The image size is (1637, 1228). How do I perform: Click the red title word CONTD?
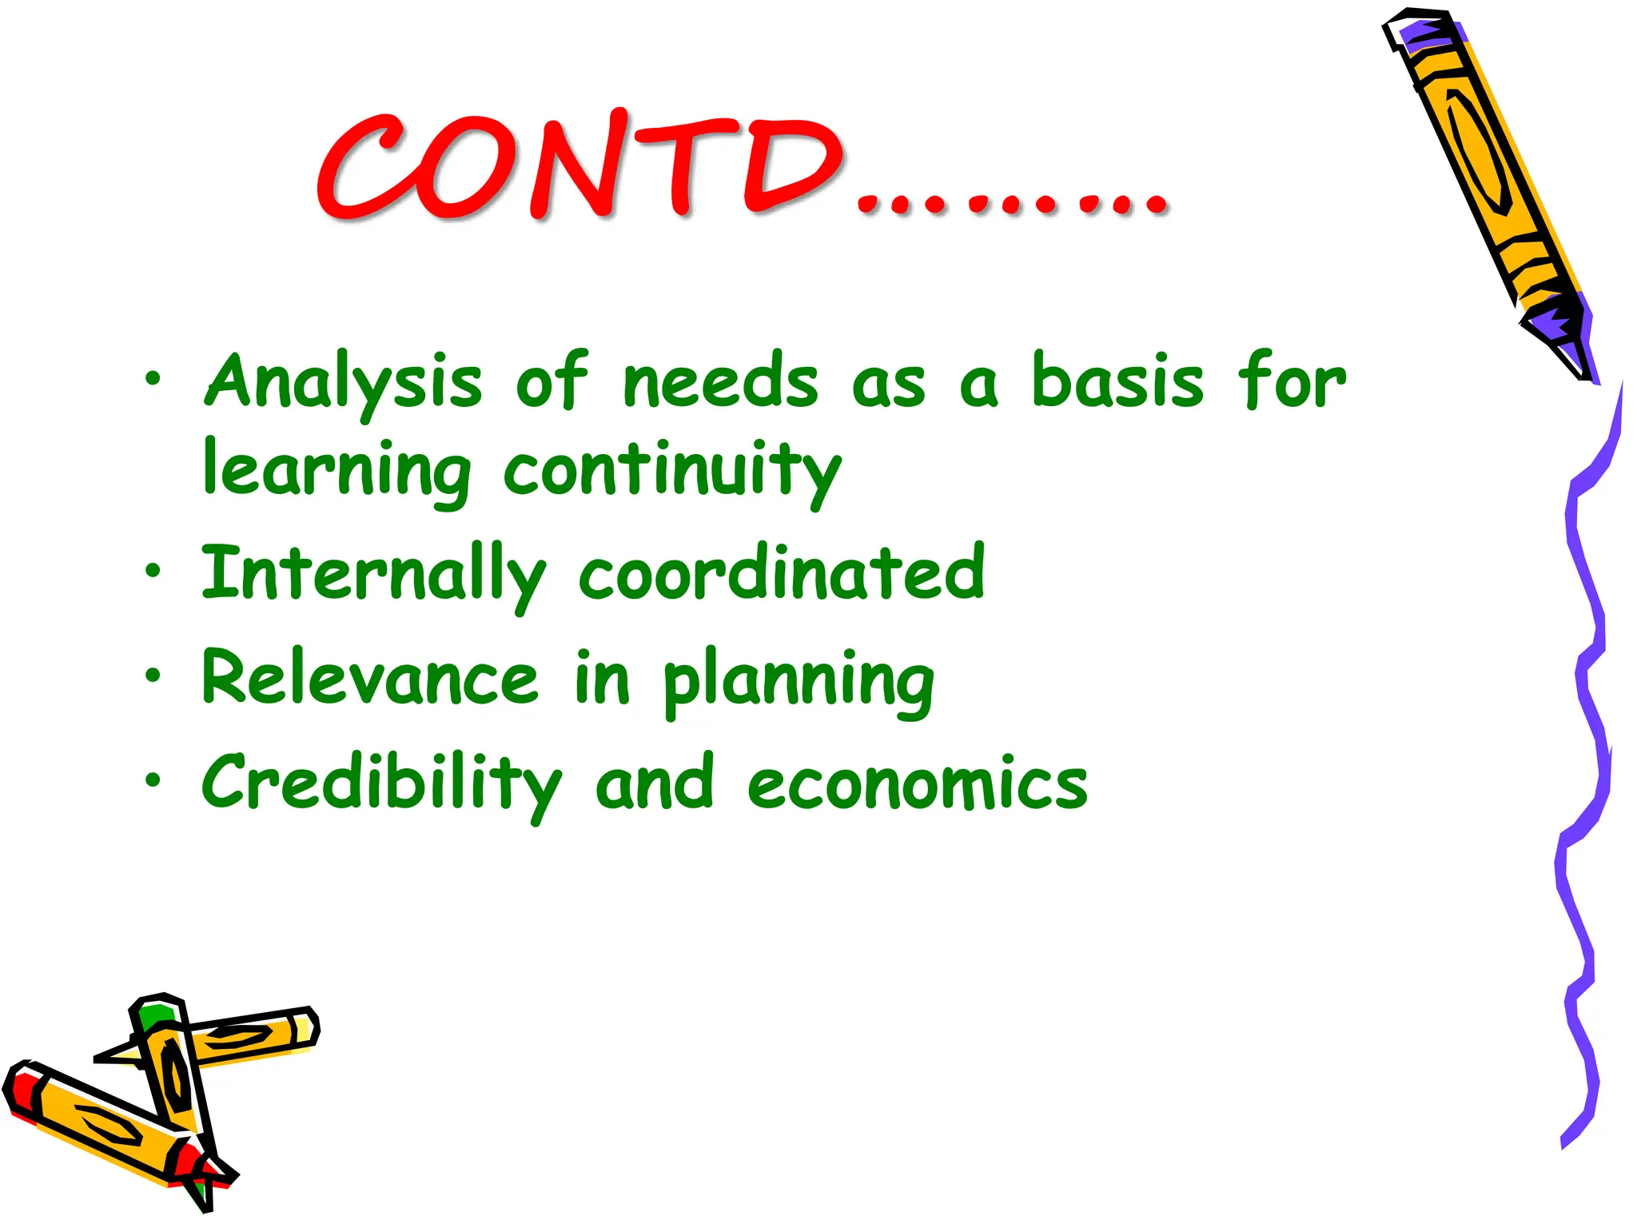click(580, 168)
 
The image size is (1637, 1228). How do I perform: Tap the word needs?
click(720, 382)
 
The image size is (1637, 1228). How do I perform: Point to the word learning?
click(337, 472)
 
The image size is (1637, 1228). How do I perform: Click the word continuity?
click(672, 472)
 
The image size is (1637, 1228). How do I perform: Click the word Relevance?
click(370, 678)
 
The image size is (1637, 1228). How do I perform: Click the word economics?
click(917, 783)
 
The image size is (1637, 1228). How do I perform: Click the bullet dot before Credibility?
click(153, 779)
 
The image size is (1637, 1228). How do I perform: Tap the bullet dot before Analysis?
click(153, 377)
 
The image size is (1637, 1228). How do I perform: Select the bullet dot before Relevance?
click(153, 676)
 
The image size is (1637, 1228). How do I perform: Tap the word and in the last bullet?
click(654, 783)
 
